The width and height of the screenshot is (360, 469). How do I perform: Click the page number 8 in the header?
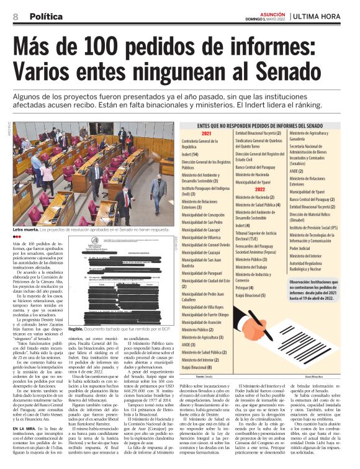coord(14,16)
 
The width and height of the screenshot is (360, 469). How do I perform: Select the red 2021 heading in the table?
coord(206,133)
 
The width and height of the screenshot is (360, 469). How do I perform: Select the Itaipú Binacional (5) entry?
coord(254,296)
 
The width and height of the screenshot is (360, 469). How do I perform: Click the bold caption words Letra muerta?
coord(25,230)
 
